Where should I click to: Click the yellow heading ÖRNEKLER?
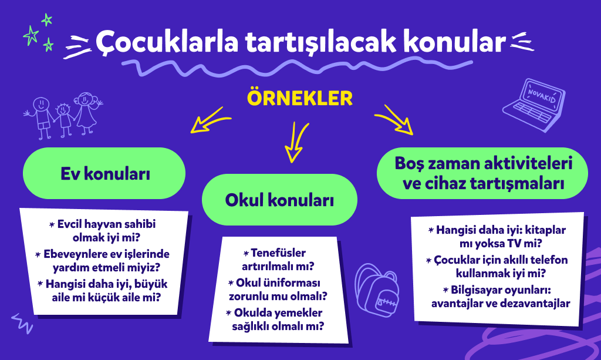[x=300, y=97]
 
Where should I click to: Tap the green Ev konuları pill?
[x=104, y=173]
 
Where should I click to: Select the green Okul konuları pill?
[x=279, y=200]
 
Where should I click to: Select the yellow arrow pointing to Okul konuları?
[x=296, y=142]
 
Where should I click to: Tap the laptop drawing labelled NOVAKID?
[x=534, y=105]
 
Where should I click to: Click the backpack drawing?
[x=377, y=290]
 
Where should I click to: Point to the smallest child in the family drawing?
[x=64, y=119]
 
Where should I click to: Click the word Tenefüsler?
[x=278, y=253]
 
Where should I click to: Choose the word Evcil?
[x=69, y=224]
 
